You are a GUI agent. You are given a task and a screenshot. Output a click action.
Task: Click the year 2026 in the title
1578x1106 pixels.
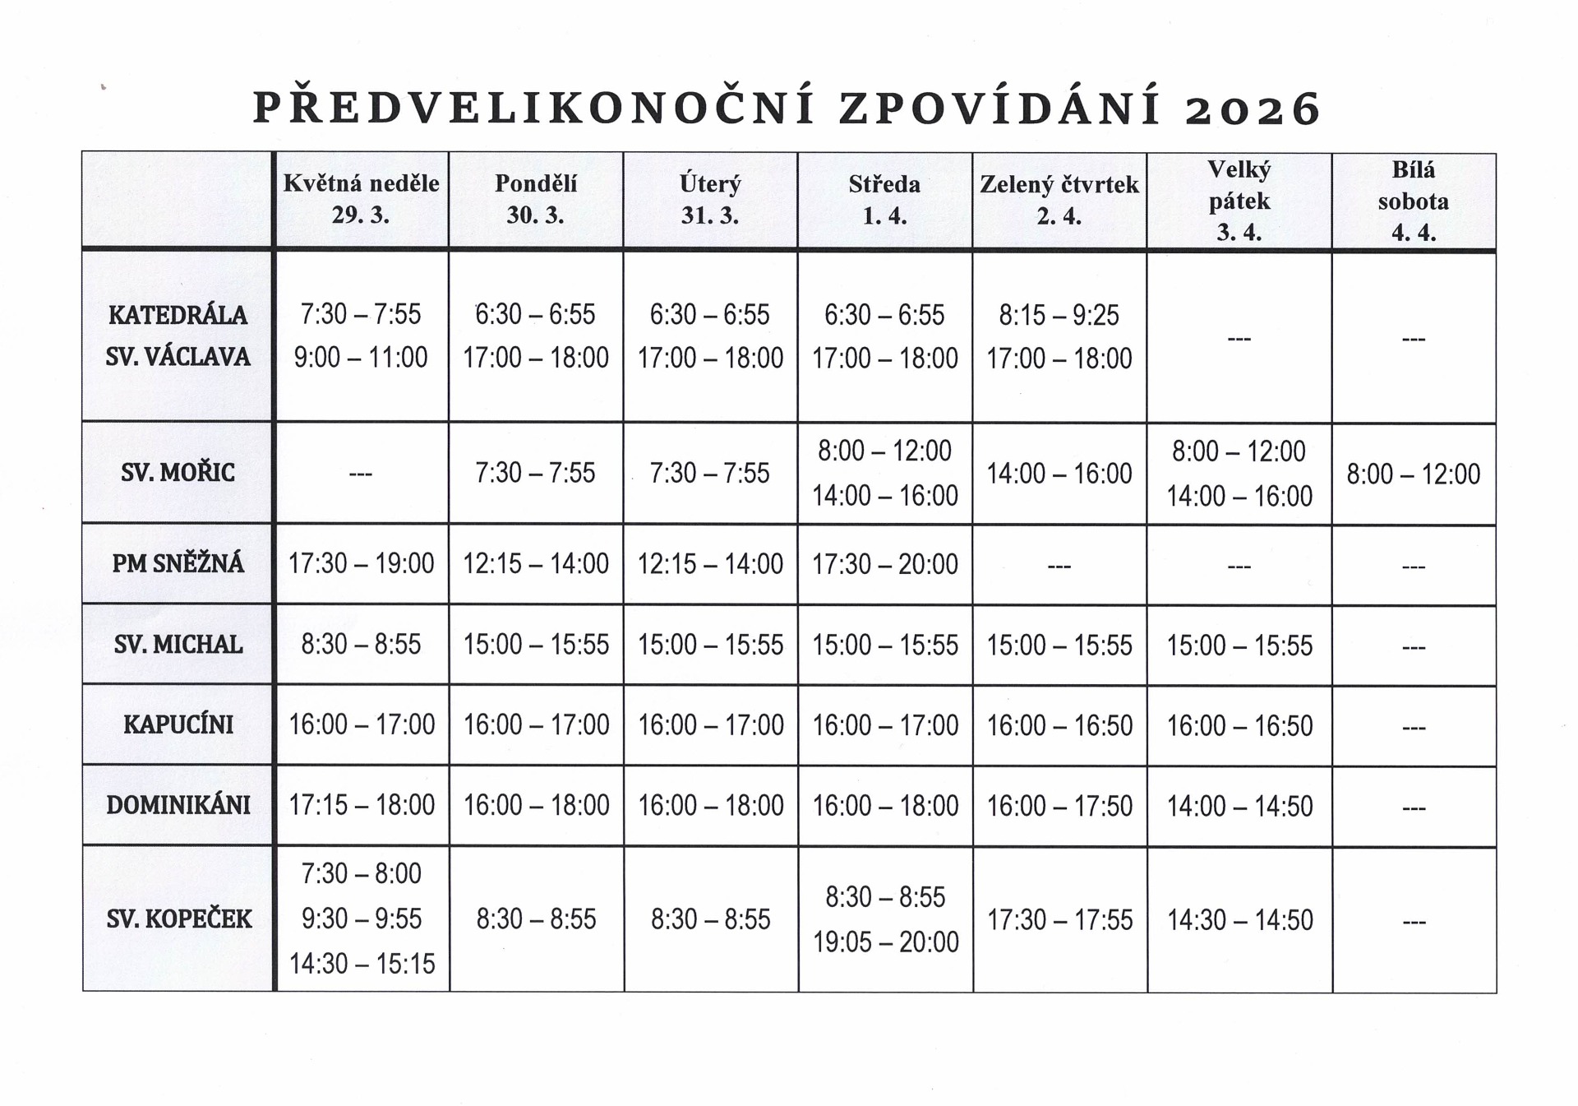pos(1253,109)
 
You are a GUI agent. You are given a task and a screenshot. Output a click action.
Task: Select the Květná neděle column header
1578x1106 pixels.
pos(361,199)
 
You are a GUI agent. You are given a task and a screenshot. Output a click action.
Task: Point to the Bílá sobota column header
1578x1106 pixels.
pos(1413,201)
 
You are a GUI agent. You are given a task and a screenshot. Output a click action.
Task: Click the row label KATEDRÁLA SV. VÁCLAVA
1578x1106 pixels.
pos(178,336)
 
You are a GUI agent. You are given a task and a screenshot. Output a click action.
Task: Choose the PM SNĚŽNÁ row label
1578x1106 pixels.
pos(178,563)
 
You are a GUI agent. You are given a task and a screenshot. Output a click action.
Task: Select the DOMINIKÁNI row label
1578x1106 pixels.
pos(178,805)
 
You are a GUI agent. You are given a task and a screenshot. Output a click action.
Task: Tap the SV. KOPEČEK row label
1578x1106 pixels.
pos(178,919)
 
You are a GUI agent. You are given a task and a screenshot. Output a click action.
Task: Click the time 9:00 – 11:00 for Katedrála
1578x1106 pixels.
pos(361,358)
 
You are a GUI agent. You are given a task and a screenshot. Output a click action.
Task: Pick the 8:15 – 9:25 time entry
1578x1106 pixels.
pos(1059,315)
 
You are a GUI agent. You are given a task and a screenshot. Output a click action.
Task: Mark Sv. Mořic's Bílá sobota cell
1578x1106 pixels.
pos(1413,474)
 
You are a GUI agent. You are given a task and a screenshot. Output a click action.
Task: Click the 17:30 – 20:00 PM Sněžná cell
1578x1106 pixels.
pos(884,564)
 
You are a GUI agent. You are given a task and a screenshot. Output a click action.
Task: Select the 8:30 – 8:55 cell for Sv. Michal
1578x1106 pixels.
pos(361,644)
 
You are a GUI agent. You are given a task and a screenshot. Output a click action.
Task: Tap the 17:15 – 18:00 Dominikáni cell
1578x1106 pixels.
pos(361,805)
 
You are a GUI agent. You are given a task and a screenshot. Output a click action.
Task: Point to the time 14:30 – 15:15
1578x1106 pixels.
pos(362,964)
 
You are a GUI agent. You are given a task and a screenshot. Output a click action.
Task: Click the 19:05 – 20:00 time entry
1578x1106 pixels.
pos(885,942)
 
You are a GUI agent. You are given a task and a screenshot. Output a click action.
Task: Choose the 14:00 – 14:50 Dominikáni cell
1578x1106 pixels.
pos(1239,806)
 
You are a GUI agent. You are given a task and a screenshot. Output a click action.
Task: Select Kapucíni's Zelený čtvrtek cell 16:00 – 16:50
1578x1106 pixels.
pos(1059,725)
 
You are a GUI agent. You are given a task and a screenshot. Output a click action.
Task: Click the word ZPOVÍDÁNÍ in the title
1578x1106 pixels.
pos(1000,109)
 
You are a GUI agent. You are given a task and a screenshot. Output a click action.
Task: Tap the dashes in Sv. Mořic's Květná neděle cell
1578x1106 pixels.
pos(361,474)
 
